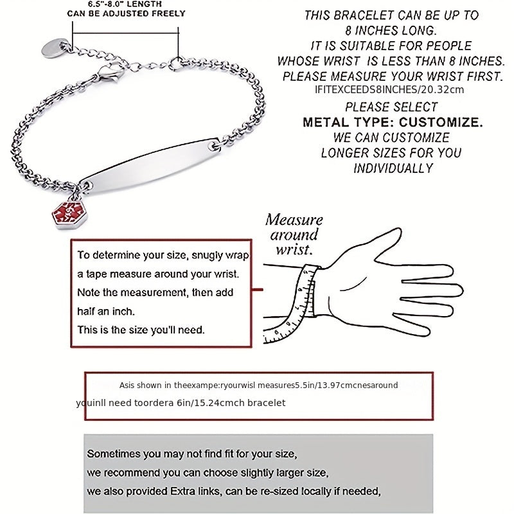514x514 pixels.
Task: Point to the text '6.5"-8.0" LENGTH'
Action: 127,3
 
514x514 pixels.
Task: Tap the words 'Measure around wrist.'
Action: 294,235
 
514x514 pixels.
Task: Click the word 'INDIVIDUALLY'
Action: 393,168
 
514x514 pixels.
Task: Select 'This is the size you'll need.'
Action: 141,330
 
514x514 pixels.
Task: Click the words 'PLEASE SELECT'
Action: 391,107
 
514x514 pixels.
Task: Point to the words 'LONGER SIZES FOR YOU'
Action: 391,153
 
